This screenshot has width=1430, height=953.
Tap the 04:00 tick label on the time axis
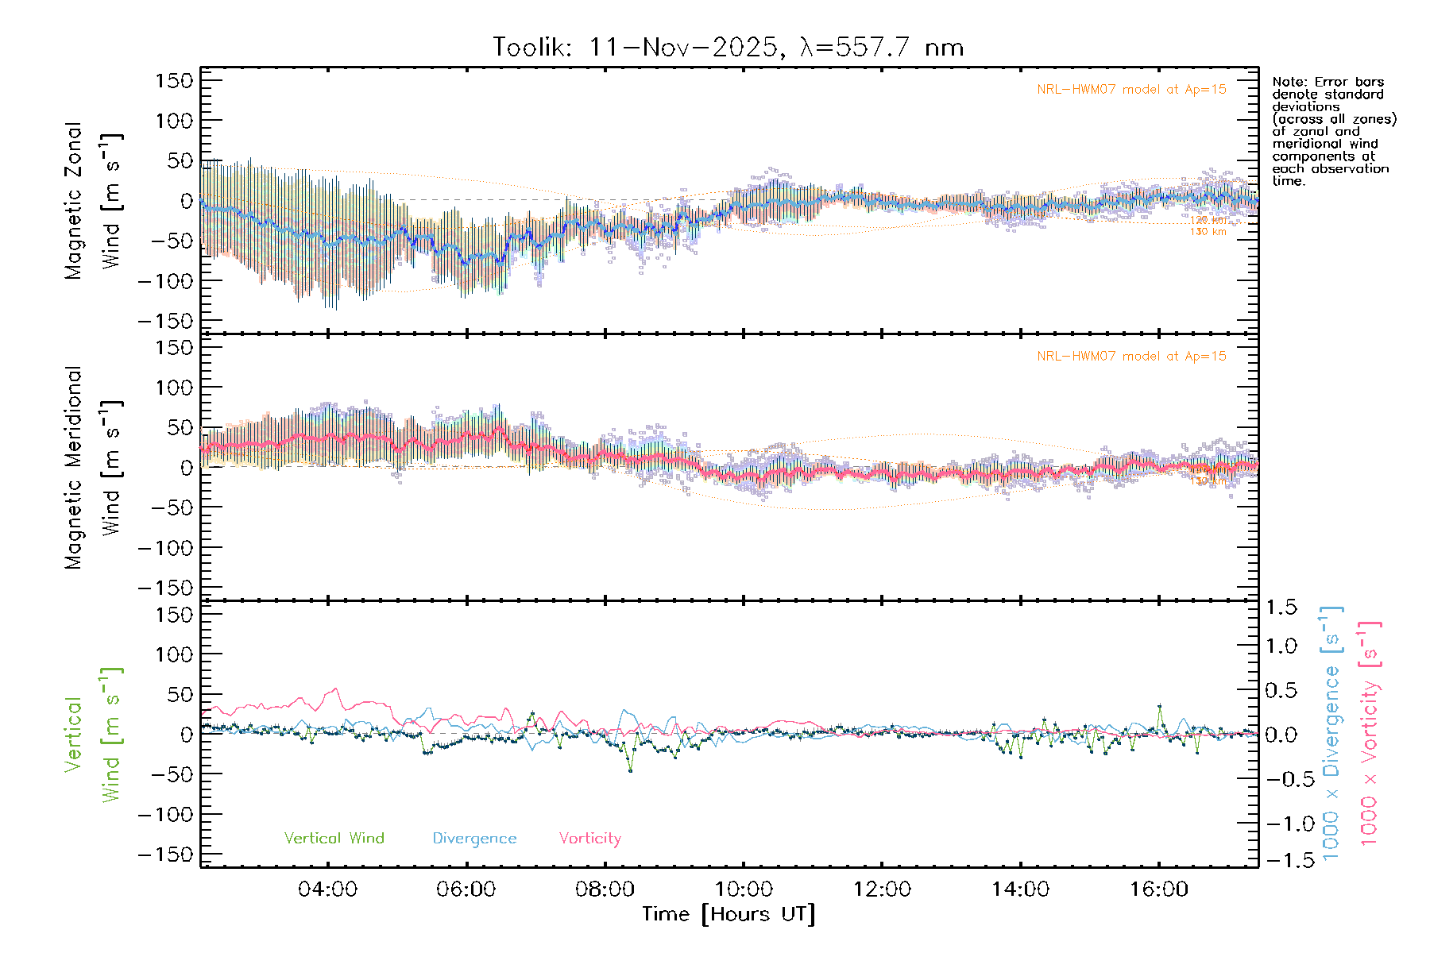(327, 889)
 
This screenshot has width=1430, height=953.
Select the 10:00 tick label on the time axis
(744, 889)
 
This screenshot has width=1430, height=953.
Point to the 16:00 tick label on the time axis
(1159, 889)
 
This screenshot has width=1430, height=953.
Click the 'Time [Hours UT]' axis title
(729, 914)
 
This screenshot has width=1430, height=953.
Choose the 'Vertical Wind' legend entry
(334, 839)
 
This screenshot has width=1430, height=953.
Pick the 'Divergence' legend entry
(474, 839)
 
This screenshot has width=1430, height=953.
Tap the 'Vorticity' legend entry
(589, 839)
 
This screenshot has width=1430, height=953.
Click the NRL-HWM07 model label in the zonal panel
(1131, 90)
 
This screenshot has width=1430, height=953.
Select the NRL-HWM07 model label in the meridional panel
(1131, 357)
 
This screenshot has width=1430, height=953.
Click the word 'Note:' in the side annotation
(1289, 82)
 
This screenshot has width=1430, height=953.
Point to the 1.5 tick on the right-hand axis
(1281, 608)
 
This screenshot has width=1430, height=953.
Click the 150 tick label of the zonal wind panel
(175, 81)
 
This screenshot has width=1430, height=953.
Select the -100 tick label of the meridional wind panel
(166, 548)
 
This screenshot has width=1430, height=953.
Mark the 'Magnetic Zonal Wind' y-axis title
(93, 201)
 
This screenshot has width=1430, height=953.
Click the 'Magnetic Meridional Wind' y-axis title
(93, 468)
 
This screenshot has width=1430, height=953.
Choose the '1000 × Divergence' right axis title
(1331, 733)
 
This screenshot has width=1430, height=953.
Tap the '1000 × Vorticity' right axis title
(1370, 733)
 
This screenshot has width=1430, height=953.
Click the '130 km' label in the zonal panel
(1208, 232)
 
